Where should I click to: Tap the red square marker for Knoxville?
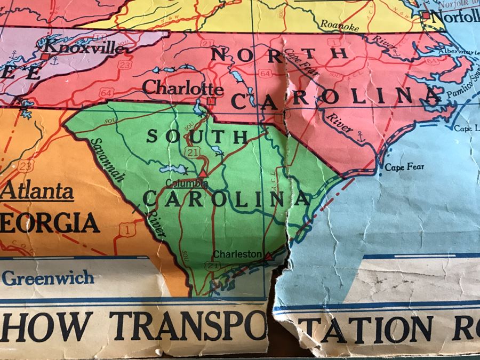(x=46, y=55)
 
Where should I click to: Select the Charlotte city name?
(x=183, y=88)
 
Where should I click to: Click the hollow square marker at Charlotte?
(x=212, y=100)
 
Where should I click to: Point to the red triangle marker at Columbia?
(x=202, y=174)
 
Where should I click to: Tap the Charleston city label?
(x=237, y=254)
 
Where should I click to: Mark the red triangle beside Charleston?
(x=268, y=257)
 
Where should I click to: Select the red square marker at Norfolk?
(x=426, y=15)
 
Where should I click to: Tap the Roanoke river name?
(x=337, y=23)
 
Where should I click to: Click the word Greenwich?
(x=48, y=277)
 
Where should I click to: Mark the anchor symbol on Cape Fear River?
(x=360, y=136)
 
